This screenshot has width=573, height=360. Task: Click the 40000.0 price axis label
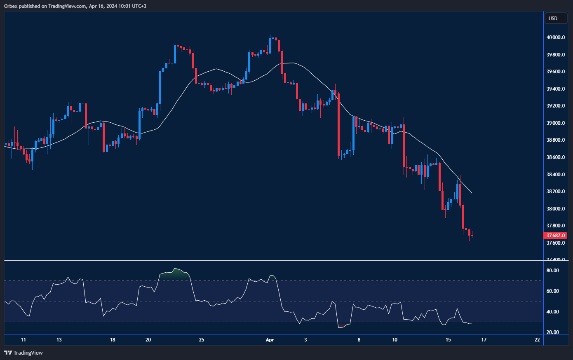pos(555,37)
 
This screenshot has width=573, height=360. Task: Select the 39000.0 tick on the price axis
pos(555,123)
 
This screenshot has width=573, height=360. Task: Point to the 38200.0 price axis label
pos(555,192)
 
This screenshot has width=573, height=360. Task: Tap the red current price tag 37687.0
pos(555,236)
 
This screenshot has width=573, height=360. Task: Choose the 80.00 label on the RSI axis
pos(552,271)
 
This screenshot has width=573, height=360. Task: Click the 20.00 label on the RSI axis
pos(552,332)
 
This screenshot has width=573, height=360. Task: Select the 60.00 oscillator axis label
pos(552,291)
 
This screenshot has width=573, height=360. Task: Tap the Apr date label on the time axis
pos(270,340)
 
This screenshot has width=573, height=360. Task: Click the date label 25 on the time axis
pos(202,340)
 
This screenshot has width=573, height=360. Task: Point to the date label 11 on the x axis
pos(23,340)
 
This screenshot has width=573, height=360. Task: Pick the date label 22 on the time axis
pos(537,340)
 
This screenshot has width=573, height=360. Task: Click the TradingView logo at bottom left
pos(23,353)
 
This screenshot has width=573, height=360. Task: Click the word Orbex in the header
pos(11,6)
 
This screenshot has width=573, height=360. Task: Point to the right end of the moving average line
pos(472,193)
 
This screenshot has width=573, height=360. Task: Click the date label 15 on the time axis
pos(448,340)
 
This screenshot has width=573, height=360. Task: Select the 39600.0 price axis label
pos(555,72)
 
